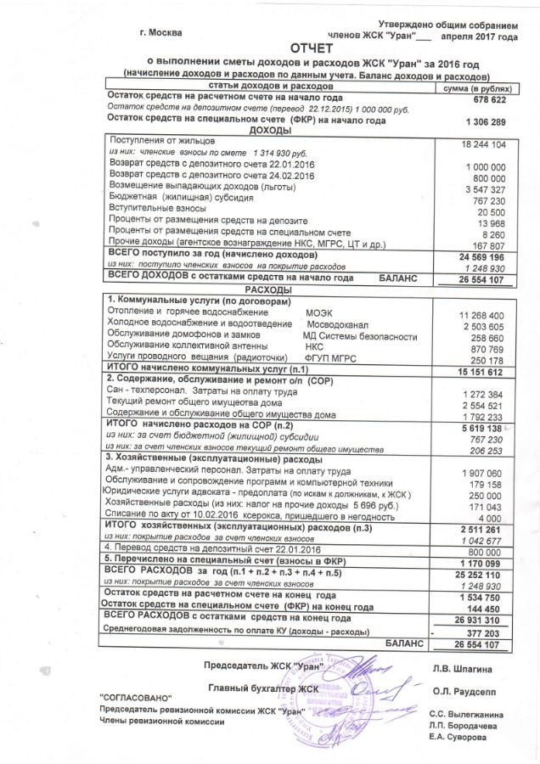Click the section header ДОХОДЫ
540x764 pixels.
tap(267, 132)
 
